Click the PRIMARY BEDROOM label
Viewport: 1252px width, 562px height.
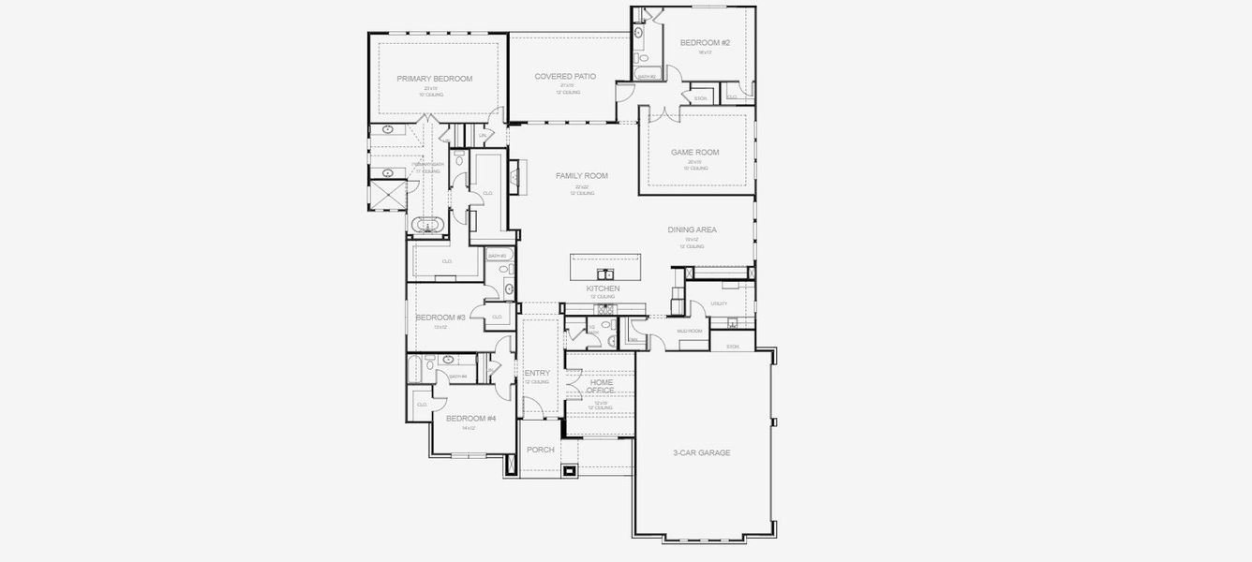[434, 79]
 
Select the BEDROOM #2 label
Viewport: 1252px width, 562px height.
[705, 43]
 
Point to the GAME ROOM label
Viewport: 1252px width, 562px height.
[694, 152]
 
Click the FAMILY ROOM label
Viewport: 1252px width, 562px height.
[582, 176]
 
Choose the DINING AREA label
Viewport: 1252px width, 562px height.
[693, 229]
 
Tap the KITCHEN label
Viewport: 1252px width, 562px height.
[603, 288]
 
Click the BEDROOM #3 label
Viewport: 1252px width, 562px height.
[440, 318]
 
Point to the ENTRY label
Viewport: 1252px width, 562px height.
[537, 373]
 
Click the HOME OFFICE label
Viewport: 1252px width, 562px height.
[601, 386]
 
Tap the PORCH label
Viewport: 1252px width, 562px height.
[541, 450]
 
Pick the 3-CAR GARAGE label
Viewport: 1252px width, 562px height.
[701, 452]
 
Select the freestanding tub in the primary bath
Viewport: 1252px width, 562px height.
[429, 226]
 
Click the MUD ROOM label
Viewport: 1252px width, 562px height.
[689, 331]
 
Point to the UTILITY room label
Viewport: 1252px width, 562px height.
[719, 303]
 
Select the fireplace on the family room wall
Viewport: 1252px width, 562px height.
[514, 175]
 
